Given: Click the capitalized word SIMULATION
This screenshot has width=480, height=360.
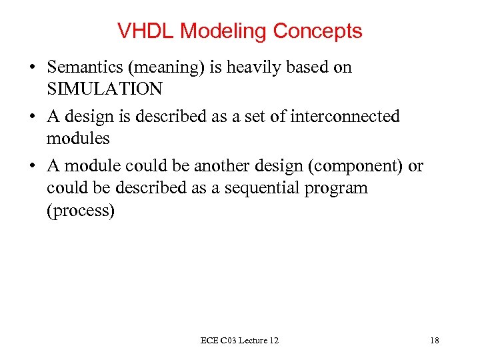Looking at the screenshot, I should [x=104, y=89].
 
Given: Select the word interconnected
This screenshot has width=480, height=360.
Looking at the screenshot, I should [x=345, y=117].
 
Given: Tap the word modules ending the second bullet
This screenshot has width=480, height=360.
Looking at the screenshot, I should [x=78, y=139].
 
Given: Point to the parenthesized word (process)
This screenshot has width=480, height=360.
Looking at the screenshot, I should [x=81, y=211].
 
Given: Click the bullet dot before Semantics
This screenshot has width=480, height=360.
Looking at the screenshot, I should [x=31, y=68].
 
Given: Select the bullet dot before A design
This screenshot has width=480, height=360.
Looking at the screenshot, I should [x=31, y=117].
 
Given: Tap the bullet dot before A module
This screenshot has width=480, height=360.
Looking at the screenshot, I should [x=31, y=167].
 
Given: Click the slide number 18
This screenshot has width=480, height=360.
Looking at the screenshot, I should [x=435, y=341].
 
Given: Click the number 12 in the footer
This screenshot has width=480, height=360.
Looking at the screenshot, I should [x=273, y=341].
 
